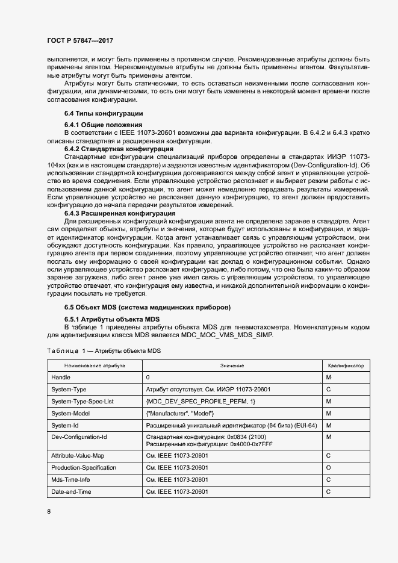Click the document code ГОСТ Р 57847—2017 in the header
pos(80,40)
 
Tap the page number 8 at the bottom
pos(49,511)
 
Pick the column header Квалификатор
pos(346,365)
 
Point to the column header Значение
pos(231,365)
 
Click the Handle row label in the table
pos(61,377)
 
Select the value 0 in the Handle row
pos(148,377)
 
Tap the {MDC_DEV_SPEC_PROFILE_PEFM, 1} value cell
pos(201,401)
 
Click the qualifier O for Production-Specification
pos(328,468)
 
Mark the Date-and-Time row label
pos(72,492)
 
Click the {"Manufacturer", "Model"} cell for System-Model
pos(180,413)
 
